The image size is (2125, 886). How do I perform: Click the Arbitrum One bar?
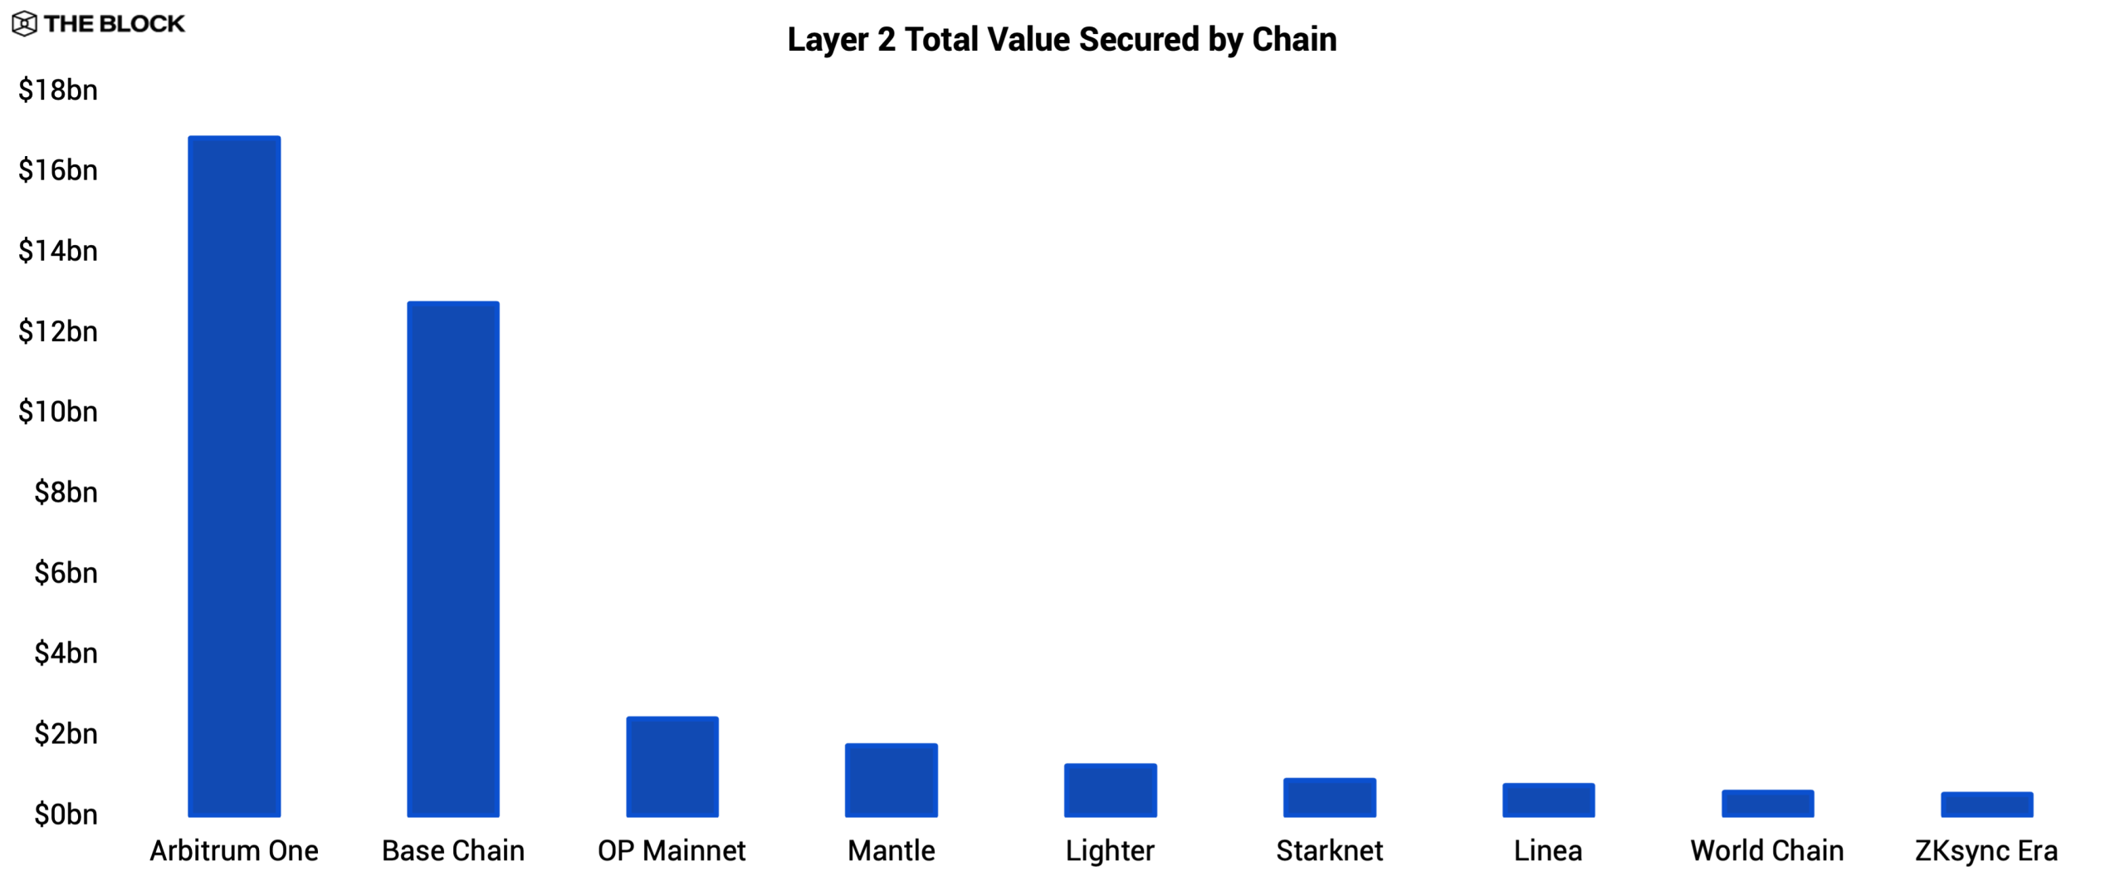point(234,477)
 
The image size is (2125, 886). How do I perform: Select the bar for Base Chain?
point(453,559)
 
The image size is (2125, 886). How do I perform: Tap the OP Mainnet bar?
point(672,766)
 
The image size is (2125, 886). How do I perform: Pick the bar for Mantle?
point(892,780)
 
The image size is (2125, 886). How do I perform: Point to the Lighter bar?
point(1111,790)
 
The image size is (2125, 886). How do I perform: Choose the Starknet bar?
point(1330,797)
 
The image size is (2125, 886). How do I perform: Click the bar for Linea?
point(1548,800)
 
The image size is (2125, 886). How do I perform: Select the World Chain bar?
point(1767,803)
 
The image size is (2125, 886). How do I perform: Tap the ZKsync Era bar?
point(1986,805)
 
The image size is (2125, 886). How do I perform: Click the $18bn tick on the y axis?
point(58,90)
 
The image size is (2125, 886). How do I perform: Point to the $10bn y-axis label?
point(58,412)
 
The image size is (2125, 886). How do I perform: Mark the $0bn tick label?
point(66,815)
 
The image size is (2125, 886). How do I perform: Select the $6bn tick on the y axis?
point(66,573)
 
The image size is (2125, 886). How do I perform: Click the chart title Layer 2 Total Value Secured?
point(1062,39)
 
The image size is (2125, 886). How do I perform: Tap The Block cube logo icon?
point(24,24)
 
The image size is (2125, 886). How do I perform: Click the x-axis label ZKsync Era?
point(1986,851)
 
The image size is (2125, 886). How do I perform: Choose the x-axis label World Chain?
point(1767,851)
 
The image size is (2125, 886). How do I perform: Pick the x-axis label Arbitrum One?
point(234,851)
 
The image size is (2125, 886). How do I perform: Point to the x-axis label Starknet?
point(1330,851)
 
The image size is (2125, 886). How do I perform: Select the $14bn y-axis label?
point(58,251)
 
